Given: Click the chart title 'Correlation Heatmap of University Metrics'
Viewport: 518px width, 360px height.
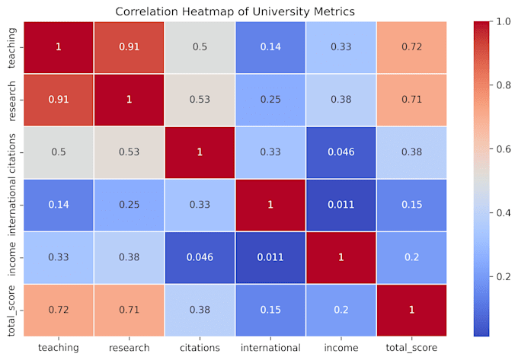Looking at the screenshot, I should coord(235,11).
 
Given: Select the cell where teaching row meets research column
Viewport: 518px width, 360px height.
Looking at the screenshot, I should coord(129,47).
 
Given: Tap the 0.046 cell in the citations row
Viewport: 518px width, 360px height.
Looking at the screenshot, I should coord(341,151).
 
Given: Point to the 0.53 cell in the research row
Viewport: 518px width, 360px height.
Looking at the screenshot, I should coord(200,99).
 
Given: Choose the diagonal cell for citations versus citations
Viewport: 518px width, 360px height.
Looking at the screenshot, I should coord(200,151).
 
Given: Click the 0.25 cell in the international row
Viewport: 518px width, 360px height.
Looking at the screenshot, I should coord(129,204).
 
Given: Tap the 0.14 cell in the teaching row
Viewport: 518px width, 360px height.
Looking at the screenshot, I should coord(270,47).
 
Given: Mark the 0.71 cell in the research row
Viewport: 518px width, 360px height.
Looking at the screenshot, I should coord(412,99).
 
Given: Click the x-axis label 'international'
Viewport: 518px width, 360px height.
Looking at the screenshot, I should coord(270,347).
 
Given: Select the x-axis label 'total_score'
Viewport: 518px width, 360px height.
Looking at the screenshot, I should coord(412,347).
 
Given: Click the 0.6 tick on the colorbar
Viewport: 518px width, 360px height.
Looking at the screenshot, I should coord(494,149).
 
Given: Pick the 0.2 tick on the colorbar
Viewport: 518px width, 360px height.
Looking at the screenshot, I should coord(494,277).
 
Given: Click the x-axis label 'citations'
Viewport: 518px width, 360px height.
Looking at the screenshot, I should coord(200,347).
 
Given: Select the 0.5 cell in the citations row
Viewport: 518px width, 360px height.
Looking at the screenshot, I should coord(58,151).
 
